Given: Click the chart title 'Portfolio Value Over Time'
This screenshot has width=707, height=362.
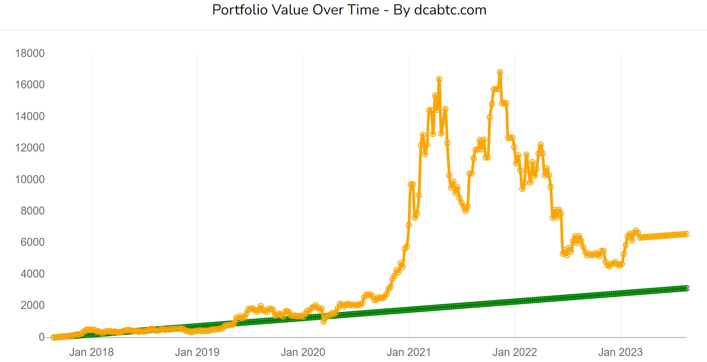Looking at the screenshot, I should [295, 10].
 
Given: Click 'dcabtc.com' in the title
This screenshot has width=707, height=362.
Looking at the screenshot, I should [450, 10].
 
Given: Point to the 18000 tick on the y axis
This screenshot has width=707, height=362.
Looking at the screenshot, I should [30, 53].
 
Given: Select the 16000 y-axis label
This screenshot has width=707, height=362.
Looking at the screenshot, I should [30, 85].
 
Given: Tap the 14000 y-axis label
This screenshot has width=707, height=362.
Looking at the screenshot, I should [30, 117].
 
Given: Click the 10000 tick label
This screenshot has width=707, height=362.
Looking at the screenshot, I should [30, 180].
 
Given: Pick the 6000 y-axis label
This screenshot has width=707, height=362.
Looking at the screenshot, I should [32, 242].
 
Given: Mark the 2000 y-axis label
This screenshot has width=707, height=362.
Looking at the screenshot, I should [32, 305].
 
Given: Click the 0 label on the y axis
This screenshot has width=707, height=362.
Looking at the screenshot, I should [41, 337].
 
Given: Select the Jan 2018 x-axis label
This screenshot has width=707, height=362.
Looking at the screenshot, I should [91, 352].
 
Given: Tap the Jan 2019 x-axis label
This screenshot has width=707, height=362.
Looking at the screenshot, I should [197, 352].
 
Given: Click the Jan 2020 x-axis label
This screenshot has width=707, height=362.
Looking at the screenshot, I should [303, 352].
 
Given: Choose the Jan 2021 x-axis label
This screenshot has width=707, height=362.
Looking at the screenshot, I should [409, 352].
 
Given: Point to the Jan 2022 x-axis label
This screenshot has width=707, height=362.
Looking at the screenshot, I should [514, 352].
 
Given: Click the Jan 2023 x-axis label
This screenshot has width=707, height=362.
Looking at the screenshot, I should [620, 352].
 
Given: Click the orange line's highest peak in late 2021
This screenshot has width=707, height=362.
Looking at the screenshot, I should [500, 72].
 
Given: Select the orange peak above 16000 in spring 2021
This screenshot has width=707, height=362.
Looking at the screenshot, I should [439, 80].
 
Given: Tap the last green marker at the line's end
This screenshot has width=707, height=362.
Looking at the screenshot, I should [687, 288].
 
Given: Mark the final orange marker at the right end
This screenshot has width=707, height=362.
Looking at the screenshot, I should [687, 234].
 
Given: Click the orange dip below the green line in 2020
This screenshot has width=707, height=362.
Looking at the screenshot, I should [324, 321].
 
